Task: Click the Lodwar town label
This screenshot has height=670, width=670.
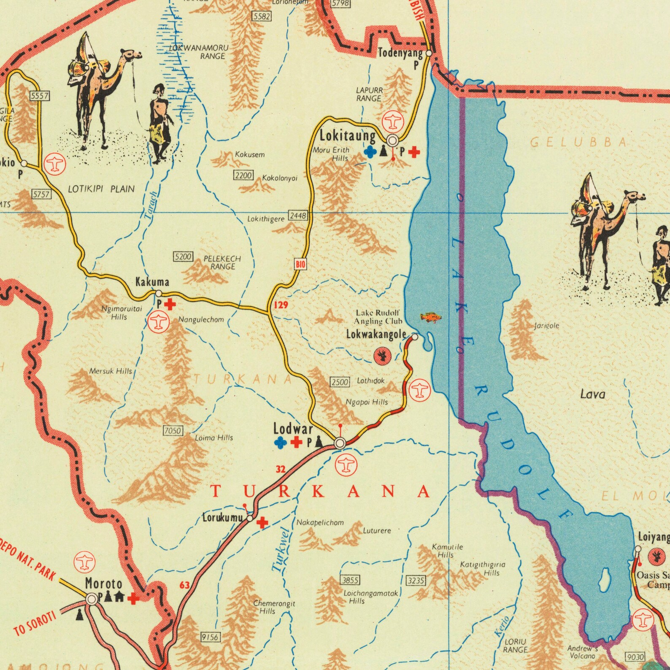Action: (x=293, y=429)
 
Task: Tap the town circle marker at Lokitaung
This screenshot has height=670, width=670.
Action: (x=393, y=140)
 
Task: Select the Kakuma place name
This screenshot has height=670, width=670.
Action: (x=152, y=281)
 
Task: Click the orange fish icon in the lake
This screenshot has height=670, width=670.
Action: (x=431, y=317)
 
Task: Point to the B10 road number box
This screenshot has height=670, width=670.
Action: (x=300, y=265)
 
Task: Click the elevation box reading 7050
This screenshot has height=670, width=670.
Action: (x=173, y=431)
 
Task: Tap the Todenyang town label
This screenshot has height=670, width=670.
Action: (x=400, y=53)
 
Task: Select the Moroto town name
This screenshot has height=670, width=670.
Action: (x=104, y=584)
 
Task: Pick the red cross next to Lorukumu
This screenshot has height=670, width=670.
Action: (x=262, y=523)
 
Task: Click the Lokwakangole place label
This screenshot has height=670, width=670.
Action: (x=376, y=335)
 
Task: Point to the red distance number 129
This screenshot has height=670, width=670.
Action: (x=281, y=305)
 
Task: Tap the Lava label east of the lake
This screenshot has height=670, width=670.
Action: (x=593, y=394)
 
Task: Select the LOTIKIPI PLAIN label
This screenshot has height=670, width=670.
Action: (x=101, y=189)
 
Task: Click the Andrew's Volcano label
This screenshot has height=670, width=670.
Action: (x=582, y=652)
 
